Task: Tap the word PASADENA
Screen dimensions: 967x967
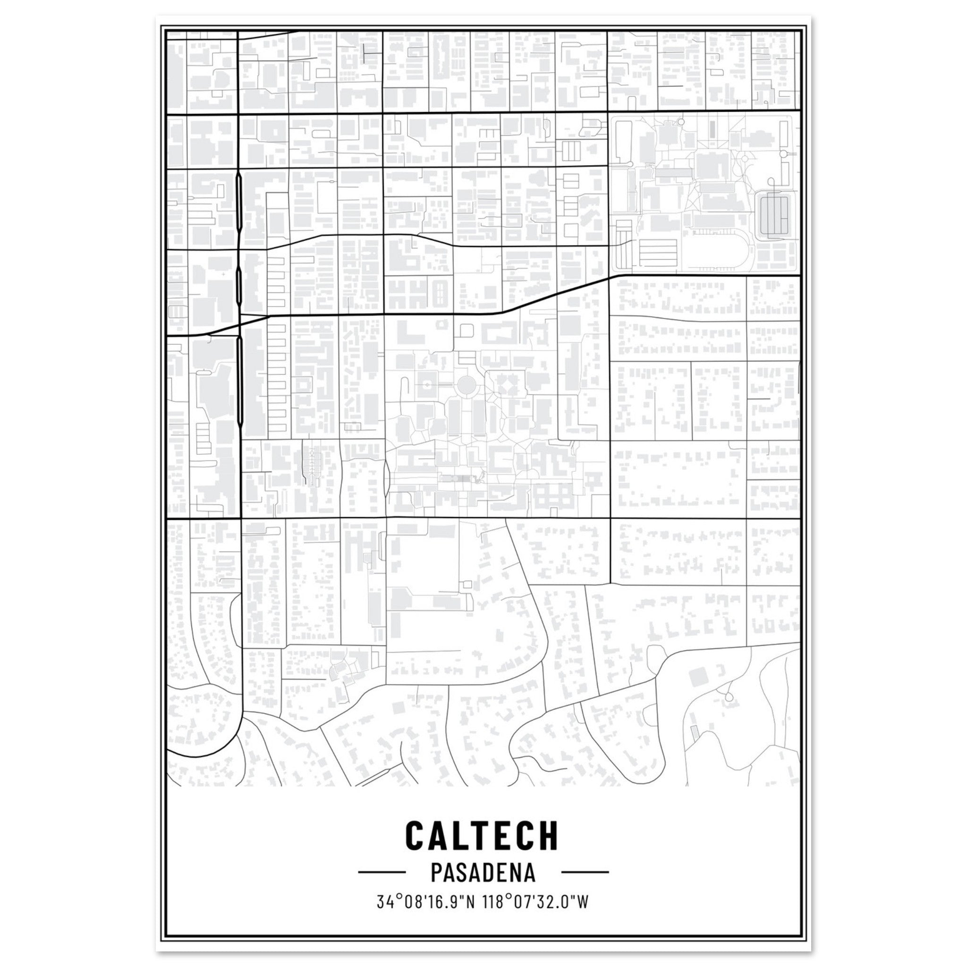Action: click(483, 873)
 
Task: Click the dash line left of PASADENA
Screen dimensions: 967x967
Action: click(382, 872)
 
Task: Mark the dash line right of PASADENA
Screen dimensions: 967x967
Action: click(585, 872)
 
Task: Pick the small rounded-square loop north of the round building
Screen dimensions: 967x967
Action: click(467, 330)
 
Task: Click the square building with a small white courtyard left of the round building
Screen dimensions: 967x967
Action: click(427, 385)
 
